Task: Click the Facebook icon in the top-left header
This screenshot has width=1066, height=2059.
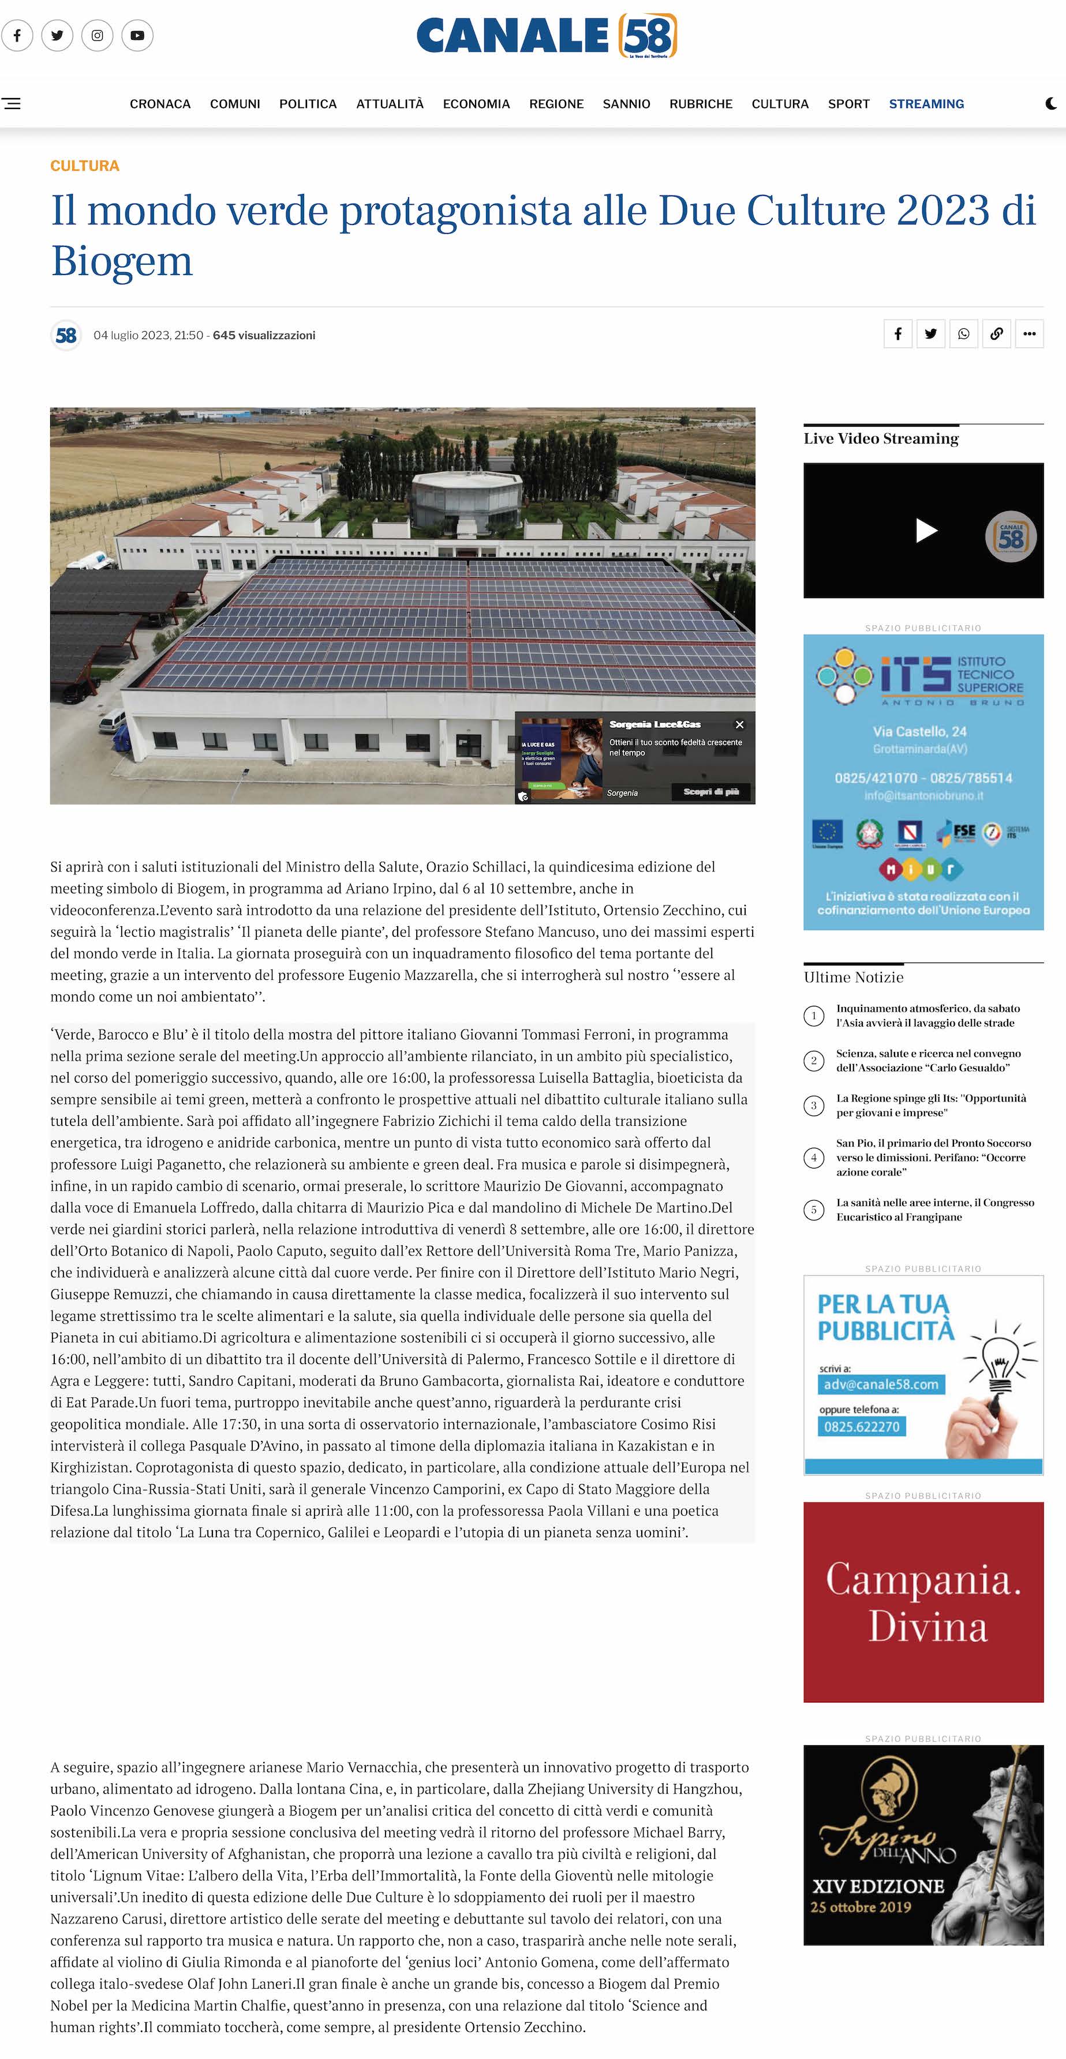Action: point(17,35)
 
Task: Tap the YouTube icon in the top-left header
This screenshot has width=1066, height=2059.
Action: point(137,35)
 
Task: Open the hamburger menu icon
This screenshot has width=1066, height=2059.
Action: point(11,104)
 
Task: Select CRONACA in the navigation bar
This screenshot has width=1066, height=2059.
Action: point(160,104)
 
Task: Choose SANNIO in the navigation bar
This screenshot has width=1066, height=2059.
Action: point(626,104)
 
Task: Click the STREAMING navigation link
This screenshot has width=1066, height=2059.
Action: point(926,104)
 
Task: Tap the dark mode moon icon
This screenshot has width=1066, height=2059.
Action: point(1052,104)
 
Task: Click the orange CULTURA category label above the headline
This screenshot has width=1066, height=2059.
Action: point(85,166)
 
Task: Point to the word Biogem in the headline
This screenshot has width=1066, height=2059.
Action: point(122,261)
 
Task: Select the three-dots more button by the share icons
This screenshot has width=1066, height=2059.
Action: point(1029,334)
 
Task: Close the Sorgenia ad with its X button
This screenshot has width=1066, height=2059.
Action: point(740,724)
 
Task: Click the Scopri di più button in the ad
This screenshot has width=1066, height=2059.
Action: point(711,791)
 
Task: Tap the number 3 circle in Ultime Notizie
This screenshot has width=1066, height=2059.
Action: point(813,1106)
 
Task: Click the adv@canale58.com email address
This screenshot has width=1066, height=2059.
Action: point(881,1384)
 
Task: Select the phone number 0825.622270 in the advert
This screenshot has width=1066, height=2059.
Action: point(862,1427)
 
